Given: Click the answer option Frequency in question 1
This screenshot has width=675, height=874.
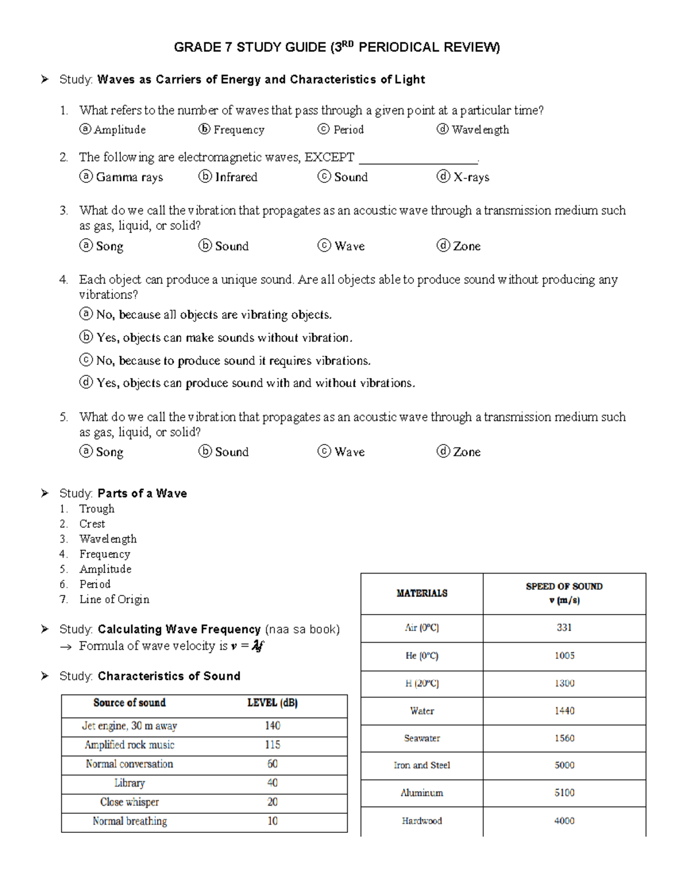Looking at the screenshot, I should click(x=238, y=130).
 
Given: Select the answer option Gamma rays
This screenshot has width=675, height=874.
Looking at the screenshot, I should click(x=129, y=177).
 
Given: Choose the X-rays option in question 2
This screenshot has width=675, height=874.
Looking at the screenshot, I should click(x=471, y=177).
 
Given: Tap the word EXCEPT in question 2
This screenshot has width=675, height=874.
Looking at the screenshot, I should click(x=329, y=157).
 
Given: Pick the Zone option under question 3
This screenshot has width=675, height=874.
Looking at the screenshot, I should click(x=466, y=246).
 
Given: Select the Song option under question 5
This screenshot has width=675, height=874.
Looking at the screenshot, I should click(x=109, y=452).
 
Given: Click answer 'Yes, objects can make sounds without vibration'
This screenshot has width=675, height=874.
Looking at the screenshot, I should click(x=224, y=338).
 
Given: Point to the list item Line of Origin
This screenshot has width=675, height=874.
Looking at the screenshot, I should click(x=114, y=599).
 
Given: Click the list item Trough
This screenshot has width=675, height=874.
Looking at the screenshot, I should click(x=97, y=509).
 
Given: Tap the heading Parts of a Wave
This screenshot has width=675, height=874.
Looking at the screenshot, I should click(x=142, y=494).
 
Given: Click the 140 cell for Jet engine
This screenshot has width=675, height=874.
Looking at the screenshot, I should click(x=272, y=726).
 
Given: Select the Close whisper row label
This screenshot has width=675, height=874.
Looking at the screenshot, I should click(x=129, y=802).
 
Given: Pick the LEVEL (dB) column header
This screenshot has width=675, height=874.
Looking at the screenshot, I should click(x=272, y=703).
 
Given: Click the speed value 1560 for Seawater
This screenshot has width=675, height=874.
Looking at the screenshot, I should click(x=564, y=738).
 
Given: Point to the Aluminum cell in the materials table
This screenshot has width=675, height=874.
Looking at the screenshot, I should click(x=422, y=793).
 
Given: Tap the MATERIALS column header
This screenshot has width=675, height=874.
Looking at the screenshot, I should click(x=422, y=593).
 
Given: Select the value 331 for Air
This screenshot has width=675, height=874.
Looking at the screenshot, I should click(x=564, y=628).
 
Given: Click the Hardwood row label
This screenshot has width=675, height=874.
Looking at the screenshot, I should click(x=422, y=821).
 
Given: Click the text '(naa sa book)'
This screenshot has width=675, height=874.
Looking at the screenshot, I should click(x=302, y=629).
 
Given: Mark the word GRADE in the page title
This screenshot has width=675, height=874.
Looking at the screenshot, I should click(x=190, y=47).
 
